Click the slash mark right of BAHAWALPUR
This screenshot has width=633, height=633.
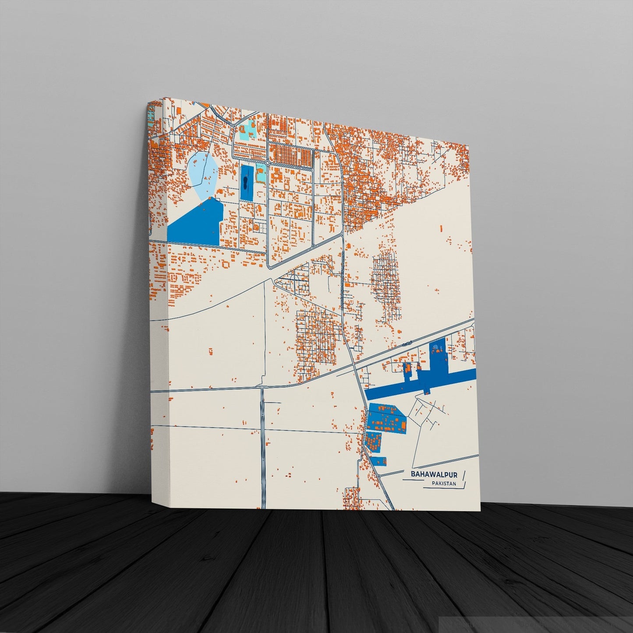point(464,475)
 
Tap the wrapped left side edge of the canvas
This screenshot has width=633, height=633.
point(158,307)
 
